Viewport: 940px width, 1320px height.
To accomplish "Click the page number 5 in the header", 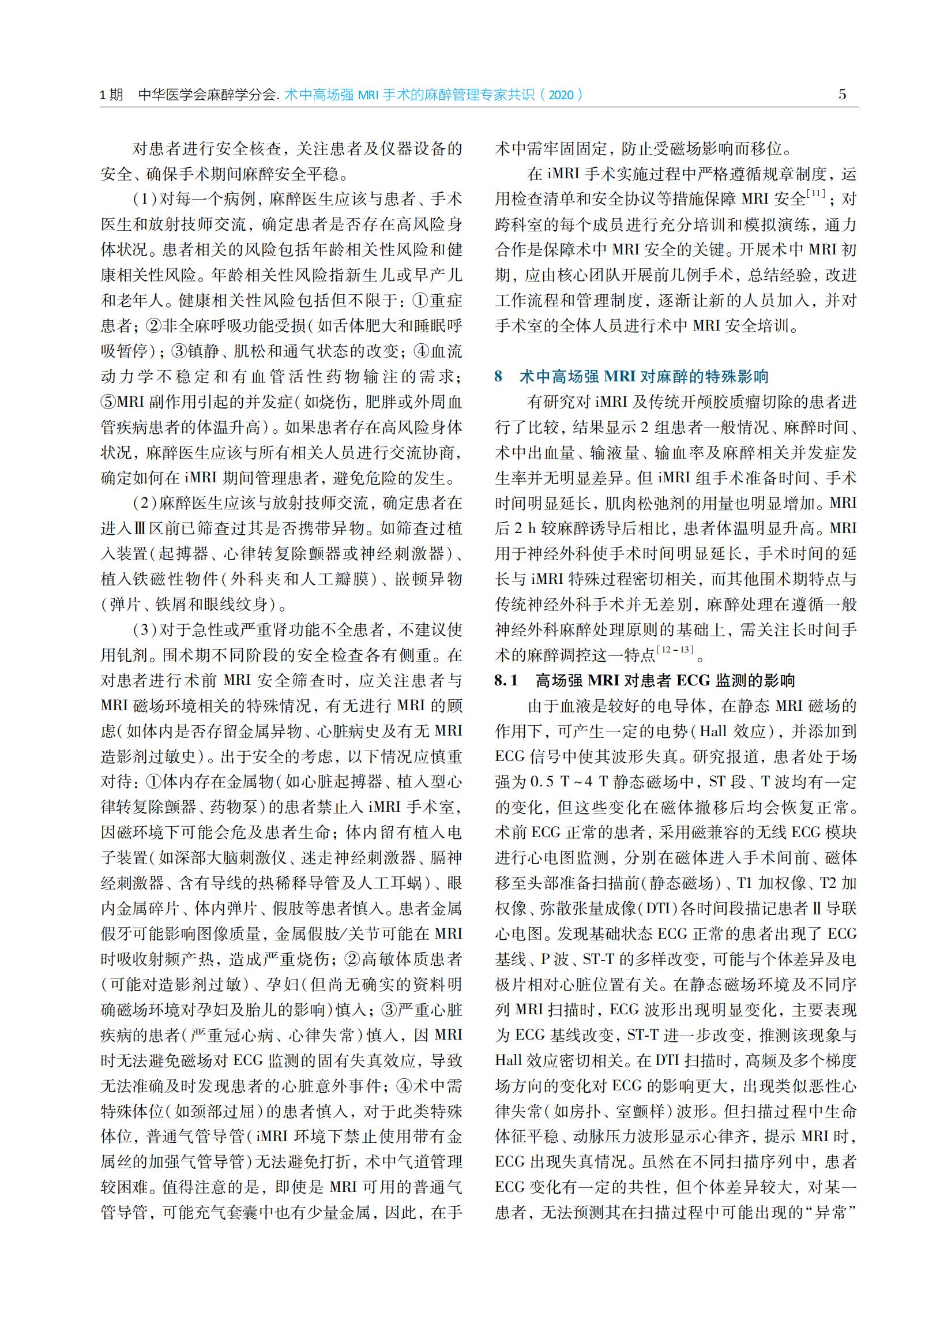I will click(842, 95).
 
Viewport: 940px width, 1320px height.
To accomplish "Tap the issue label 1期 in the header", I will click(112, 95).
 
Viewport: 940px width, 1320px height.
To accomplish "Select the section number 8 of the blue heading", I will click(498, 377).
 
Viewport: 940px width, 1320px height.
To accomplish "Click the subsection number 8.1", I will click(506, 680).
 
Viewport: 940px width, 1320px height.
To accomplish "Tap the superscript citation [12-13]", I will click(675, 650).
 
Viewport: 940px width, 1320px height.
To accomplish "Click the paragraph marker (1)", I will click(144, 199).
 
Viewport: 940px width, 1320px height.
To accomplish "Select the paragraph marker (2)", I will click(144, 503).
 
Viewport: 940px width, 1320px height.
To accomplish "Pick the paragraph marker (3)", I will click(144, 629).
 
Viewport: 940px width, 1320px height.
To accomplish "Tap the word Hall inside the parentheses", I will click(719, 731).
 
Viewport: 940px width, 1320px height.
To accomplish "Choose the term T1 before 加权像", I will click(746, 883).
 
